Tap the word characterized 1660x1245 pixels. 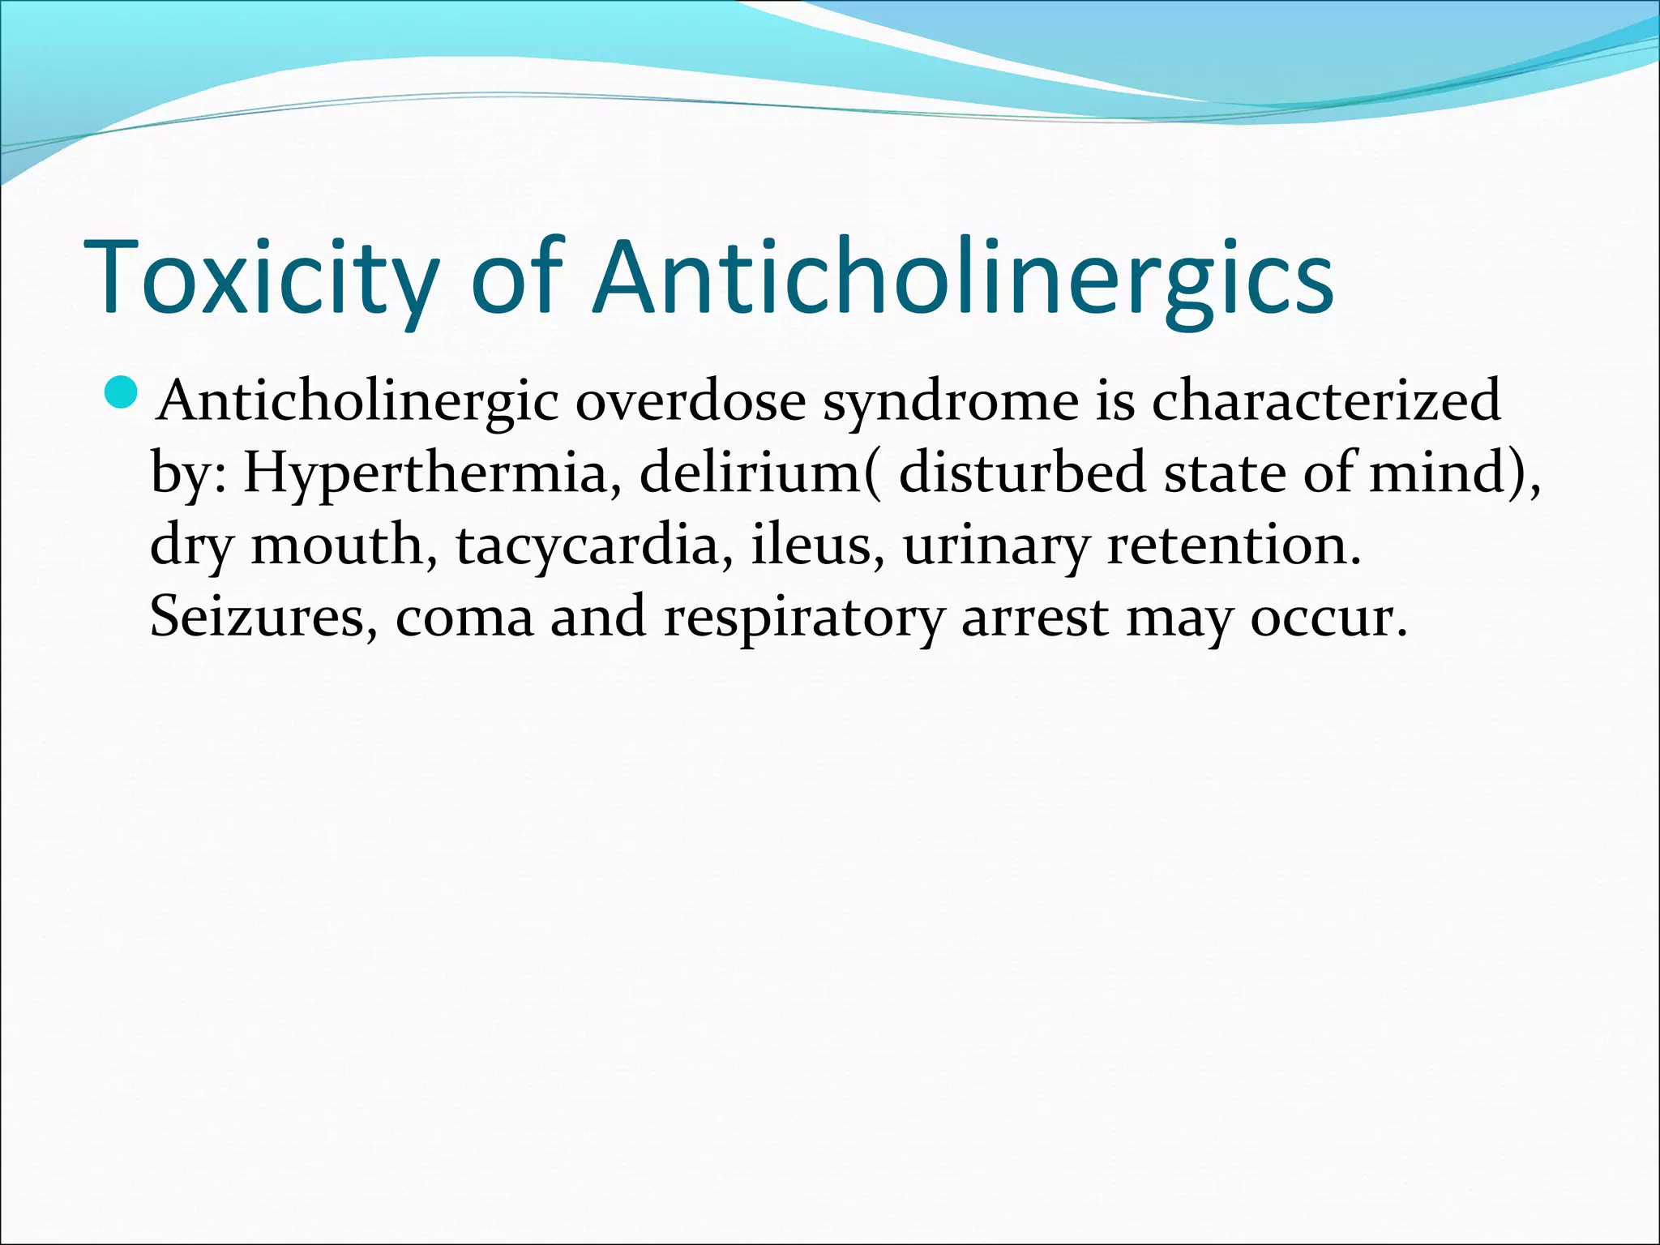pyautogui.click(x=1326, y=402)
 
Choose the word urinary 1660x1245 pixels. pyautogui.click(x=996, y=545)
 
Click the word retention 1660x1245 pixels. pyautogui.click(x=1232, y=545)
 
